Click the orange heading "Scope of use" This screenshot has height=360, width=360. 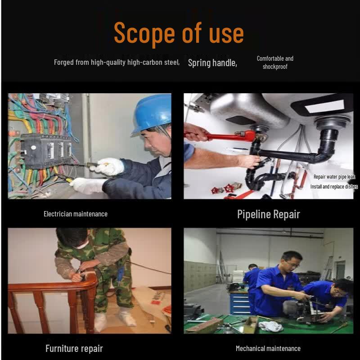179,33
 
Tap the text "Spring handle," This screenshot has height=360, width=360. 212,63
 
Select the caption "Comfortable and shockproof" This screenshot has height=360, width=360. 275,63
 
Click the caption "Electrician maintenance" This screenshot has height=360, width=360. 76,214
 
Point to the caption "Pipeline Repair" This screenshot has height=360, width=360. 268,215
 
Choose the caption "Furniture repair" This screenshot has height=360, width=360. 74,348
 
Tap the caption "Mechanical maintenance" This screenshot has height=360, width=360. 268,348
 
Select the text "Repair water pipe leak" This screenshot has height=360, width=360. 334,176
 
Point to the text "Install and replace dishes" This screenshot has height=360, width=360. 334,187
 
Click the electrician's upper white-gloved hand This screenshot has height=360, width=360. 108,166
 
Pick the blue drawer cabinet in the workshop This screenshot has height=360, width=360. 240,303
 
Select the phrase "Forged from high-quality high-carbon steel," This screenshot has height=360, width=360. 117,63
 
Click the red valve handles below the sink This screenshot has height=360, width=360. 223,189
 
